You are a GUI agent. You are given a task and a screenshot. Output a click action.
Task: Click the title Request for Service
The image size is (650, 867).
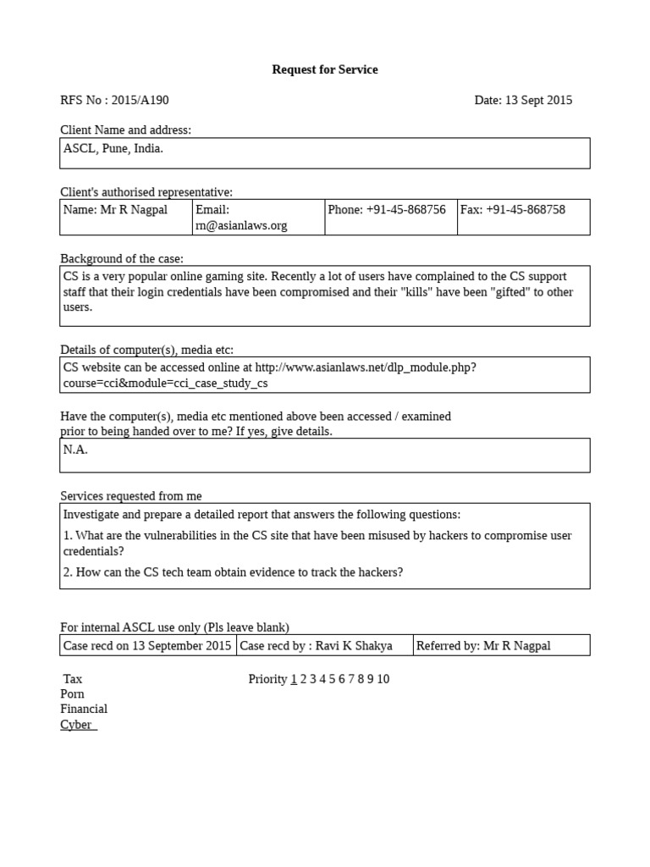(324, 69)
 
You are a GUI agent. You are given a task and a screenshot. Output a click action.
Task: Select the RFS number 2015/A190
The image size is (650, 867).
(140, 100)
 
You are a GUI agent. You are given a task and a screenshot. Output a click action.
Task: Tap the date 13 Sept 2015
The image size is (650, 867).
(538, 100)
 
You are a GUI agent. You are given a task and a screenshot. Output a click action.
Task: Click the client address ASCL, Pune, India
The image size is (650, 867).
(113, 148)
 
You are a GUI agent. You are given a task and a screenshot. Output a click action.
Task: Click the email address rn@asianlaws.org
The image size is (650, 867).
(241, 225)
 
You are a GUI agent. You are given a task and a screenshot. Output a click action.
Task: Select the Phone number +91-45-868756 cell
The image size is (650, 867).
(387, 210)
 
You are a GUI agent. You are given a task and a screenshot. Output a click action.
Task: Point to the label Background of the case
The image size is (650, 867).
(122, 258)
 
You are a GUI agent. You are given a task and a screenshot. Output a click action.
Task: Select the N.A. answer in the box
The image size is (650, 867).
(75, 450)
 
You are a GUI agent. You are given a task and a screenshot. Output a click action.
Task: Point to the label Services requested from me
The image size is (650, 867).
(131, 496)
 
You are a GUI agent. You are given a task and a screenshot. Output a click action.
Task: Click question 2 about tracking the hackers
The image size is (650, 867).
(233, 572)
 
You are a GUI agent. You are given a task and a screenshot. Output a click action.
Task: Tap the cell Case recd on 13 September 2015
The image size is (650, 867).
(147, 646)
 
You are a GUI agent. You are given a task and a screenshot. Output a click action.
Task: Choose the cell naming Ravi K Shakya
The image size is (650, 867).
(317, 646)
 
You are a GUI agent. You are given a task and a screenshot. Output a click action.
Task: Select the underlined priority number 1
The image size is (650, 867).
(294, 679)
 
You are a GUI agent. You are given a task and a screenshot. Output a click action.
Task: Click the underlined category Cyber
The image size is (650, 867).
(77, 725)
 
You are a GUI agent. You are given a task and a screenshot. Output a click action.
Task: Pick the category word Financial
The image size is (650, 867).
(84, 709)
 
